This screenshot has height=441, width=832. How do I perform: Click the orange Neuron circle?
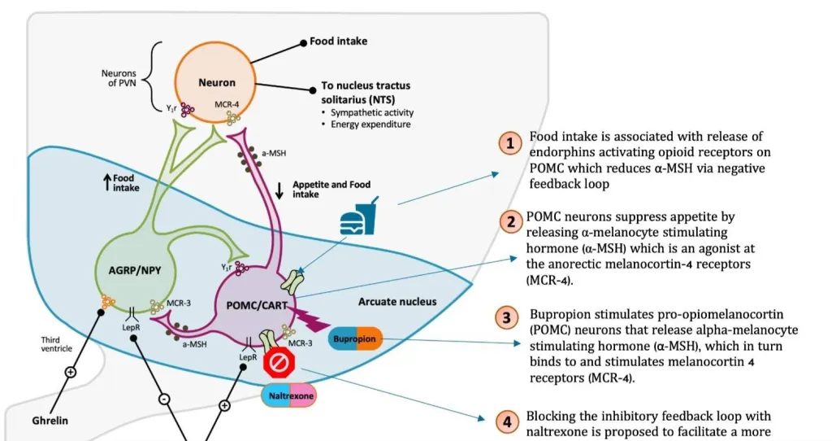pyautogui.click(x=217, y=81)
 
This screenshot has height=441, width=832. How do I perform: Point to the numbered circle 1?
pyautogui.click(x=509, y=143)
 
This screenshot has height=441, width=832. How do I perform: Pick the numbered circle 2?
pyautogui.click(x=509, y=221)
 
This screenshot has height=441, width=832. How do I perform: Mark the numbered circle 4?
pyautogui.click(x=507, y=421)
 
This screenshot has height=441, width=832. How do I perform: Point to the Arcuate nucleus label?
pyautogui.click(x=397, y=302)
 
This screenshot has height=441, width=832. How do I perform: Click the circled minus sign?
pyautogui.click(x=164, y=400)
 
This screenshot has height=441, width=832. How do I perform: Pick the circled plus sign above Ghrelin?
pyautogui.click(x=70, y=372)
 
